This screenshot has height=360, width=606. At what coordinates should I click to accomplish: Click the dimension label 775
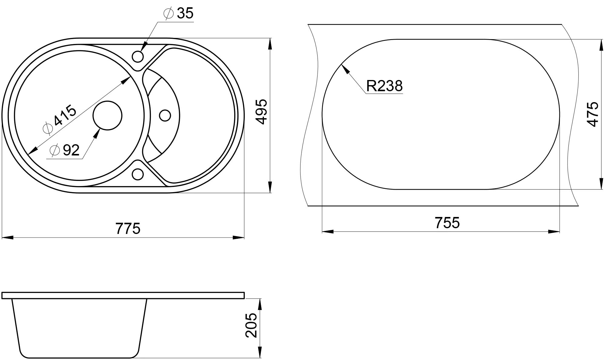click(x=128, y=228)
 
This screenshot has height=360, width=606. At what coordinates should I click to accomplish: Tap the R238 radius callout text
click(x=385, y=86)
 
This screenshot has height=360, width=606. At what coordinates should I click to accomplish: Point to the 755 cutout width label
click(x=447, y=223)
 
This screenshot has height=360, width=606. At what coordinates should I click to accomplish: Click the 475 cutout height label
click(x=593, y=114)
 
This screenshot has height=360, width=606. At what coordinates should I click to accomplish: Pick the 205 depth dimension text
click(x=251, y=325)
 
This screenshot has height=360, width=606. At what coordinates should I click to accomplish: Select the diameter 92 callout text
click(x=65, y=150)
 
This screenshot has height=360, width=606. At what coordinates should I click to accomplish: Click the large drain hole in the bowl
click(x=108, y=115)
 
